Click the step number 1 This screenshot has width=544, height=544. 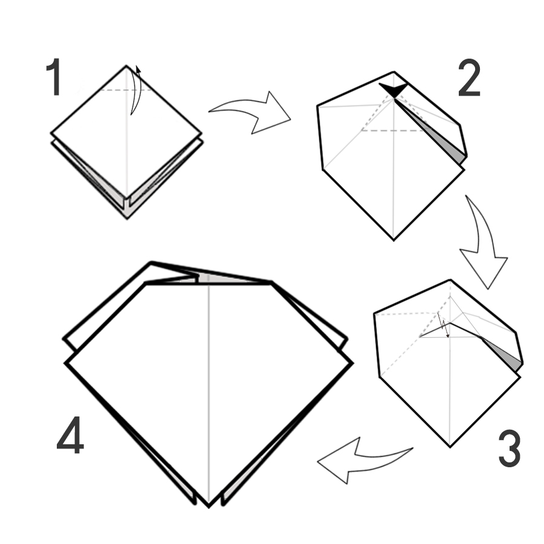(54, 77)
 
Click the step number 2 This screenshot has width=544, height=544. (470, 78)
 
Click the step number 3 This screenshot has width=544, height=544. (510, 448)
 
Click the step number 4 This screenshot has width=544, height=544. (70, 435)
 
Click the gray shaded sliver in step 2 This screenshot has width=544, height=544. (447, 142)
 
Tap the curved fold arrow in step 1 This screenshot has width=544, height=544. (135, 90)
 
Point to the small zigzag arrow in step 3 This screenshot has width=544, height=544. (444, 325)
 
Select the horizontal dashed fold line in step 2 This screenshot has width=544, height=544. (393, 131)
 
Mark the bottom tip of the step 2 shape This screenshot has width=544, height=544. (393, 240)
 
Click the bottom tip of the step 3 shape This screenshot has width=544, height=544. (450, 447)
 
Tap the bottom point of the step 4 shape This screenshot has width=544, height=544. (209, 507)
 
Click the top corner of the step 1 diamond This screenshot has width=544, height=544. (126, 65)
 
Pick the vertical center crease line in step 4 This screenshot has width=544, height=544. (209, 393)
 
